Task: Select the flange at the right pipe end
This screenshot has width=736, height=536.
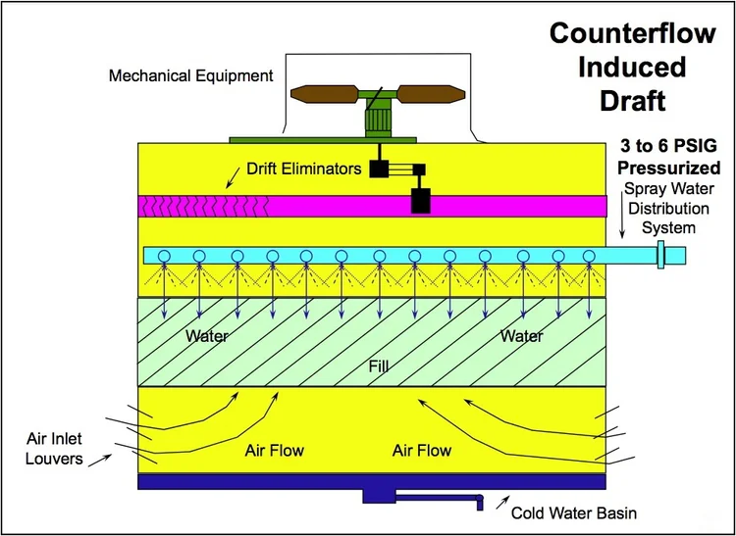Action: coord(661,256)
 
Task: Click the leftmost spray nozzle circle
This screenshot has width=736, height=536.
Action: coord(164,257)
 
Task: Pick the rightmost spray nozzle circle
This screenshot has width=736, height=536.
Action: coord(589,257)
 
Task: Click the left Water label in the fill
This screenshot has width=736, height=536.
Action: coord(207,336)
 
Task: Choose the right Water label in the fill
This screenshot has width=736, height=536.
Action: coord(521,336)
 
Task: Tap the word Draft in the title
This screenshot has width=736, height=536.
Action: coord(628,101)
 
